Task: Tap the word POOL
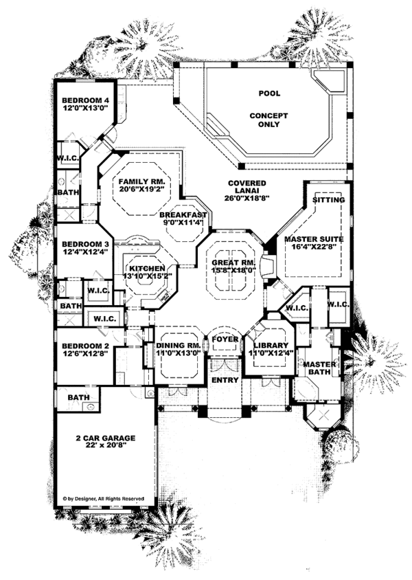coord(269,93)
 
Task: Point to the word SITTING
coord(328,200)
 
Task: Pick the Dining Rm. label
coord(178,346)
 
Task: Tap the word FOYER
coord(225,339)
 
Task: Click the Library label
coord(268,346)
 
